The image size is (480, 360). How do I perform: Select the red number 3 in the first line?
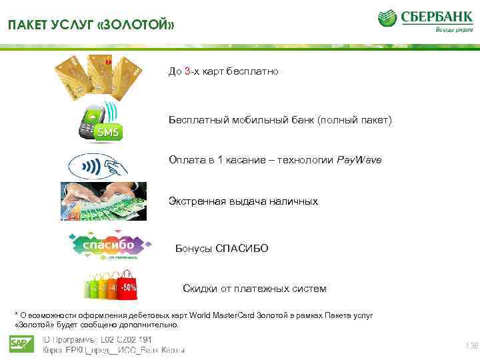click(188, 71)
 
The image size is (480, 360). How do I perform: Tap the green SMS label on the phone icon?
click(109, 133)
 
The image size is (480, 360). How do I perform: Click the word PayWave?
click(359, 161)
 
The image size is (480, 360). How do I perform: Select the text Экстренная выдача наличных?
click(243, 201)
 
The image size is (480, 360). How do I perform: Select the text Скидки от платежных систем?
click(254, 289)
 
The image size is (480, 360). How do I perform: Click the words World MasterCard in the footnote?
click(223, 315)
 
